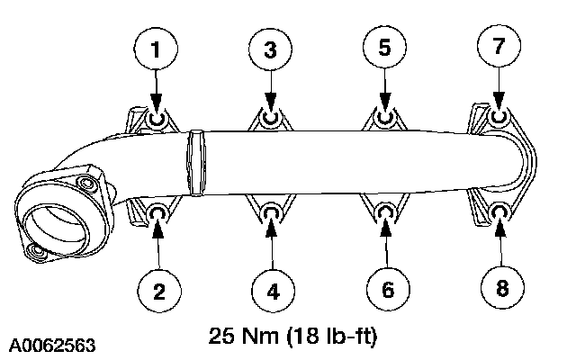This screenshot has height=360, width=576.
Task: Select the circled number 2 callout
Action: pyautogui.click(x=157, y=289)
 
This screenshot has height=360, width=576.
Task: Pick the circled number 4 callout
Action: pyautogui.click(x=272, y=290)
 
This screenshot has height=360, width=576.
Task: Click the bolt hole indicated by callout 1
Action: pyautogui.click(x=157, y=120)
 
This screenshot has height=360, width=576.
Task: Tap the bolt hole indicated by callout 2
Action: pyautogui.click(x=158, y=212)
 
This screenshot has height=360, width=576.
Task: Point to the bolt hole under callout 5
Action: pyautogui.click(x=385, y=118)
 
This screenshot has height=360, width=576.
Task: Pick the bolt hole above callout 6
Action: pyautogui.click(x=385, y=212)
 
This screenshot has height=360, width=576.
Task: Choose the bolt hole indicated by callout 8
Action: pyautogui.click(x=501, y=212)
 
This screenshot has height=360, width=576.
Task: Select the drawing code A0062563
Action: pyautogui.click(x=53, y=344)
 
